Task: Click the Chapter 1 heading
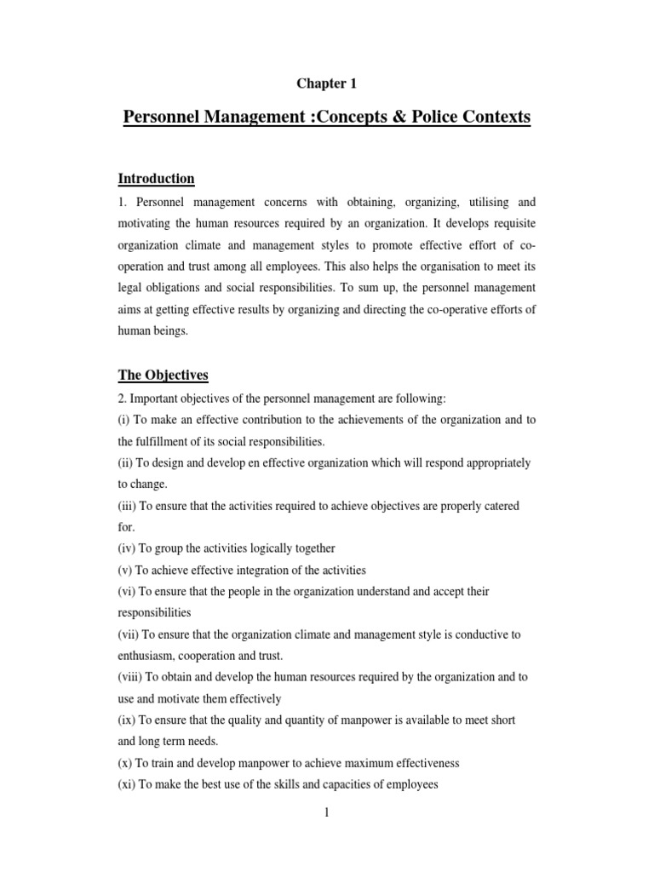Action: (326, 83)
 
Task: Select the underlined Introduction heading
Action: (157, 178)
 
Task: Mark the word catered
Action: (499, 506)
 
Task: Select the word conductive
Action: (479, 634)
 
